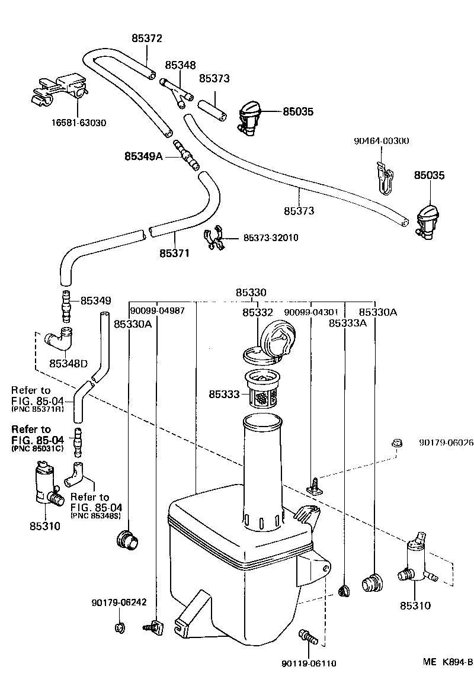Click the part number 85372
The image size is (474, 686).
click(x=146, y=39)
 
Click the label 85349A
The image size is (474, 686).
click(x=143, y=156)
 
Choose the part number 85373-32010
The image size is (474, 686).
click(x=271, y=238)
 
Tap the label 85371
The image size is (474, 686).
click(x=174, y=253)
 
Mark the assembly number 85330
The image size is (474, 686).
click(x=251, y=292)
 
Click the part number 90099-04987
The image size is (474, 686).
click(x=157, y=310)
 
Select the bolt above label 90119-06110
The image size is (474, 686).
click(x=309, y=638)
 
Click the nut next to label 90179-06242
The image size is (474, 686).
click(x=119, y=627)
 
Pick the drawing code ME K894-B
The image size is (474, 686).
click(x=447, y=662)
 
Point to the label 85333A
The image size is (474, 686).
click(x=348, y=323)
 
